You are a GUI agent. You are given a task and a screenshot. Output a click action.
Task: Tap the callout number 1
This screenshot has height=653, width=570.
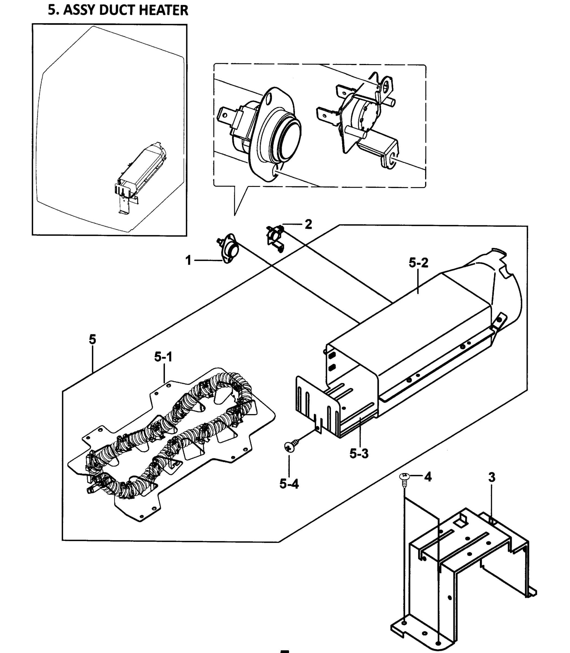pos(188,260)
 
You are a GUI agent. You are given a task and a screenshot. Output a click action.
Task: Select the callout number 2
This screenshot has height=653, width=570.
pos(308,224)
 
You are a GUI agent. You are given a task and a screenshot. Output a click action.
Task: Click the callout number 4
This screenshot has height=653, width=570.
pos(428,477)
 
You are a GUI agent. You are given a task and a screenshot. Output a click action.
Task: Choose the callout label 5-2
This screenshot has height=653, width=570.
pos(418,263)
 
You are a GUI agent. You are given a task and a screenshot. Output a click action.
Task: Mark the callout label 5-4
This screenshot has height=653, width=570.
pos(289,483)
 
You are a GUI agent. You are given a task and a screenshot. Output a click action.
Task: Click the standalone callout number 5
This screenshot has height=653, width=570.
pos(92,340)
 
